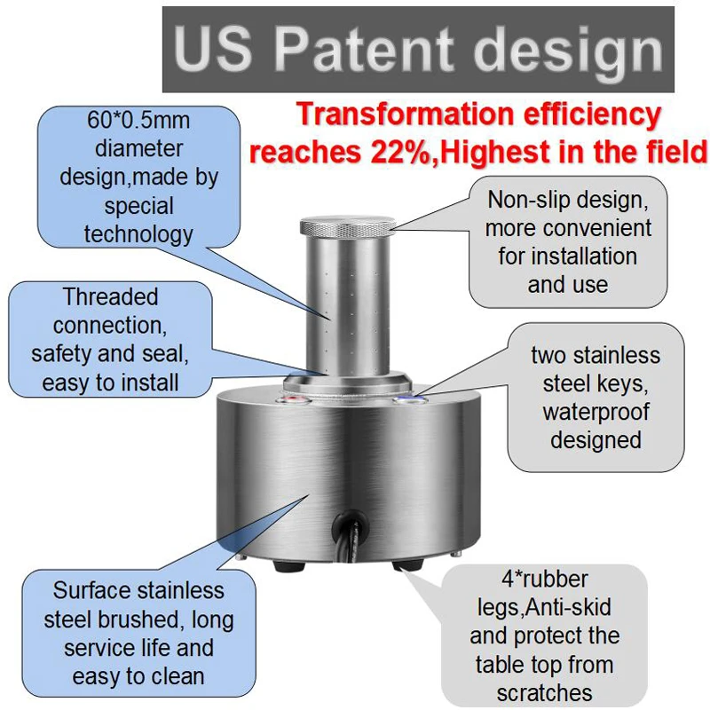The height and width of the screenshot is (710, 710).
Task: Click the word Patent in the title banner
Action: (x=364, y=49)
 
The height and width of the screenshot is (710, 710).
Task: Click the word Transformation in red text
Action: (x=406, y=114)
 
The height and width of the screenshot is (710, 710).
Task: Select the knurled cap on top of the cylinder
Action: (x=348, y=226)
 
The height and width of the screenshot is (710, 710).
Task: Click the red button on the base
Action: (x=295, y=399)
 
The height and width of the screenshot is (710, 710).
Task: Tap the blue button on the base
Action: (x=410, y=399)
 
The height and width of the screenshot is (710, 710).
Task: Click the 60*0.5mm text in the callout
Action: (x=138, y=121)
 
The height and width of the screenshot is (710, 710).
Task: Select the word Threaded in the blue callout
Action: (x=110, y=297)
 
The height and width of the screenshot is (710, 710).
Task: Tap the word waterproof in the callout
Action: (x=596, y=413)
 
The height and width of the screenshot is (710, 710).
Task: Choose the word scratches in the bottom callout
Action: (x=544, y=693)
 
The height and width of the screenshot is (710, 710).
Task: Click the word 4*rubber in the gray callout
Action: (x=545, y=580)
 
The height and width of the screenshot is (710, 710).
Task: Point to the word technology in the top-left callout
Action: (x=138, y=235)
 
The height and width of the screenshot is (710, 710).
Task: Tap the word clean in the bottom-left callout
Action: (x=177, y=676)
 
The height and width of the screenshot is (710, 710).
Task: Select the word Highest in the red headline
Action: (x=495, y=152)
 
